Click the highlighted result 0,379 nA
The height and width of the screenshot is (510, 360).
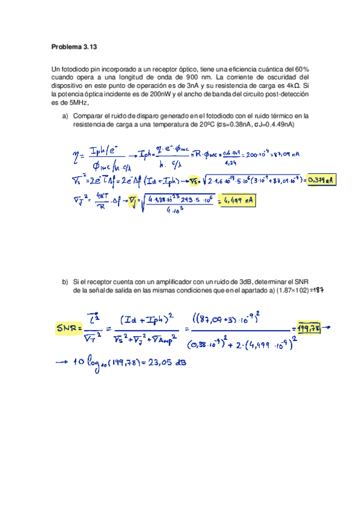tap(320, 179)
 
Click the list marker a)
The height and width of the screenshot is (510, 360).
tap(66, 115)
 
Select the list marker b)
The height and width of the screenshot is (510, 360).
tap(66, 282)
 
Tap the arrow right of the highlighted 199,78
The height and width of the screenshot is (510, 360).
tap(332, 328)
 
